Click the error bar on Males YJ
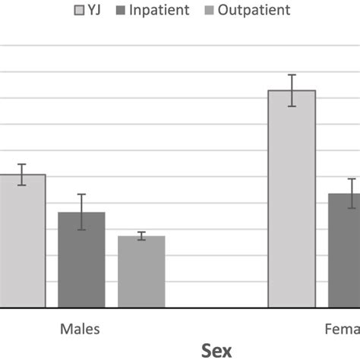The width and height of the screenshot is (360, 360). (x=22, y=175)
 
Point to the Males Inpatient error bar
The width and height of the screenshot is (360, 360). (x=81, y=212)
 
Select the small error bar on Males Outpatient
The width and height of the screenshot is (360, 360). (x=141, y=236)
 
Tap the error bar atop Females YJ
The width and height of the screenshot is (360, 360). (x=292, y=90)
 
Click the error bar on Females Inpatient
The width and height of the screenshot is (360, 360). (x=352, y=193)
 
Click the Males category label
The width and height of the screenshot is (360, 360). (x=80, y=330)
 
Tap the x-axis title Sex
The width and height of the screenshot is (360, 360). (x=216, y=350)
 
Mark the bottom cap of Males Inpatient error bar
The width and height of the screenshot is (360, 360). (x=81, y=229)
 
